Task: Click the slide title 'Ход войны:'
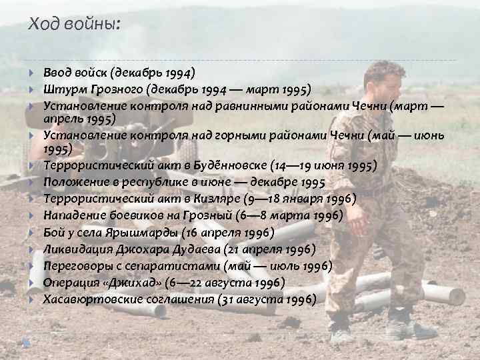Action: pos(75,26)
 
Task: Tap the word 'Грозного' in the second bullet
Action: pos(121,89)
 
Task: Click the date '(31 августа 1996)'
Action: pos(267,299)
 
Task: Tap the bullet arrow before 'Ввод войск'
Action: pos(33,73)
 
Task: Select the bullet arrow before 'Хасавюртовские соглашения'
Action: pos(33,300)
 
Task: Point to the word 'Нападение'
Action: pos(75,215)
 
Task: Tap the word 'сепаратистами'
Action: pos(169,266)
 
